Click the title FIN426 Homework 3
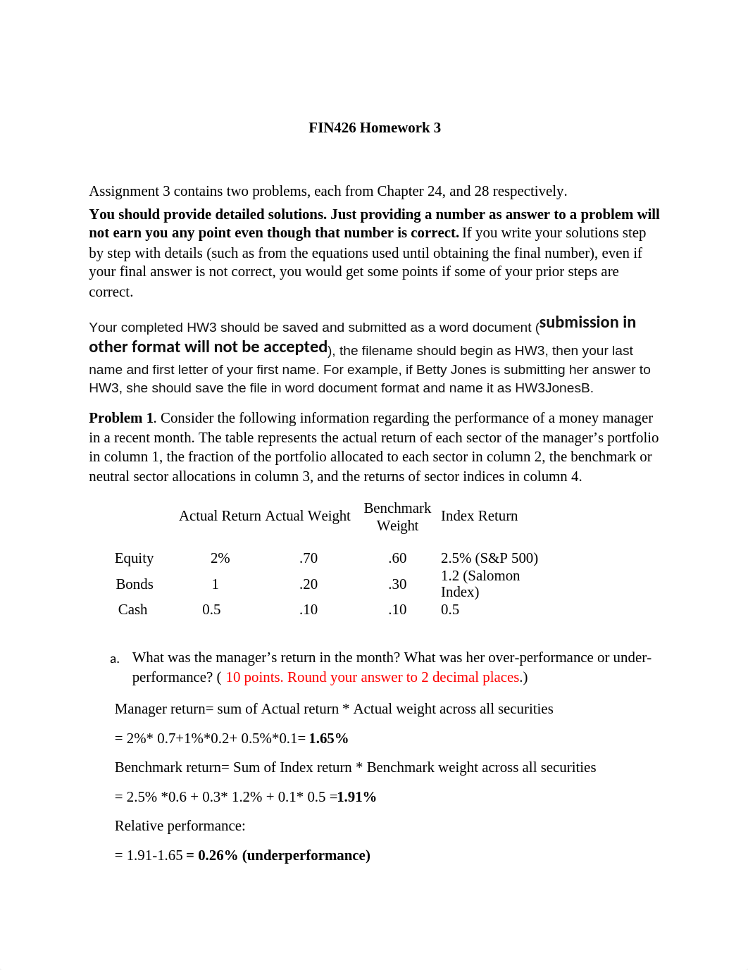[375, 128]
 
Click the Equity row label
[134, 558]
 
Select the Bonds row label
[135, 584]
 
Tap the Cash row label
[132, 609]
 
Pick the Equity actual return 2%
[220, 558]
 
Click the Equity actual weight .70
[308, 558]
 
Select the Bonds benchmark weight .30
[397, 584]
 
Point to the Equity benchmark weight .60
[397, 558]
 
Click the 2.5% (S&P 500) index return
[490, 558]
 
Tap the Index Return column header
[479, 516]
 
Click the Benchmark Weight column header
[397, 516]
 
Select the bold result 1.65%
[329, 738]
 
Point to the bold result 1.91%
[356, 797]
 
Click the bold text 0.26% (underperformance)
[284, 855]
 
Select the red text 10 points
[253, 677]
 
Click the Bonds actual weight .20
[308, 584]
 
